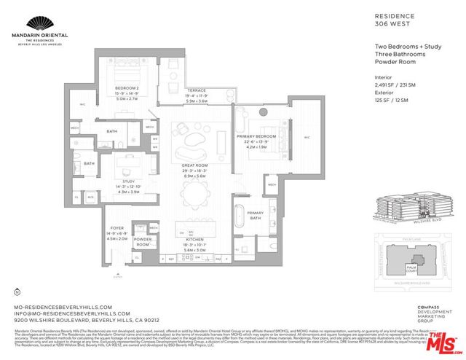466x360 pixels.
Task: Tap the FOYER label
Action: (117, 228)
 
